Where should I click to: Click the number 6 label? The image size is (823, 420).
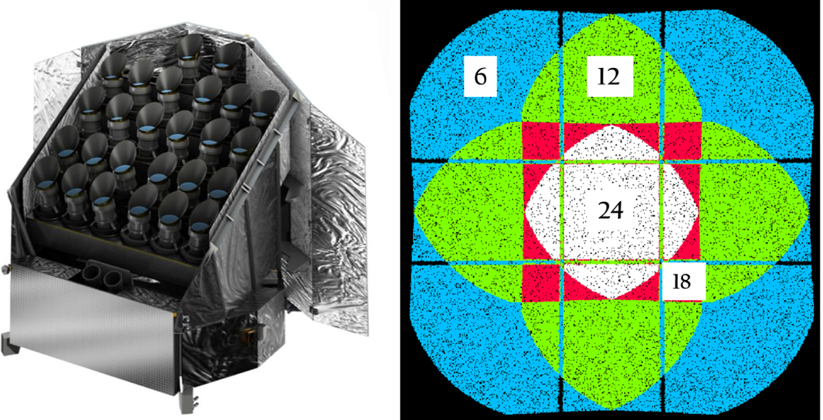pos(480,76)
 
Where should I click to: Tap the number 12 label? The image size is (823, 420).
pos(610,76)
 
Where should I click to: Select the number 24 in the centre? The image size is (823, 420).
pos(610,211)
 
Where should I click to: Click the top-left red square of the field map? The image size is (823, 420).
pos(541,141)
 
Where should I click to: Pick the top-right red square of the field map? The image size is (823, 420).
pos(683,141)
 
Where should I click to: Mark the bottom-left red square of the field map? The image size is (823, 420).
pos(541,283)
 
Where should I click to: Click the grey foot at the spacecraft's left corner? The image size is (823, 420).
pos(8,344)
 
